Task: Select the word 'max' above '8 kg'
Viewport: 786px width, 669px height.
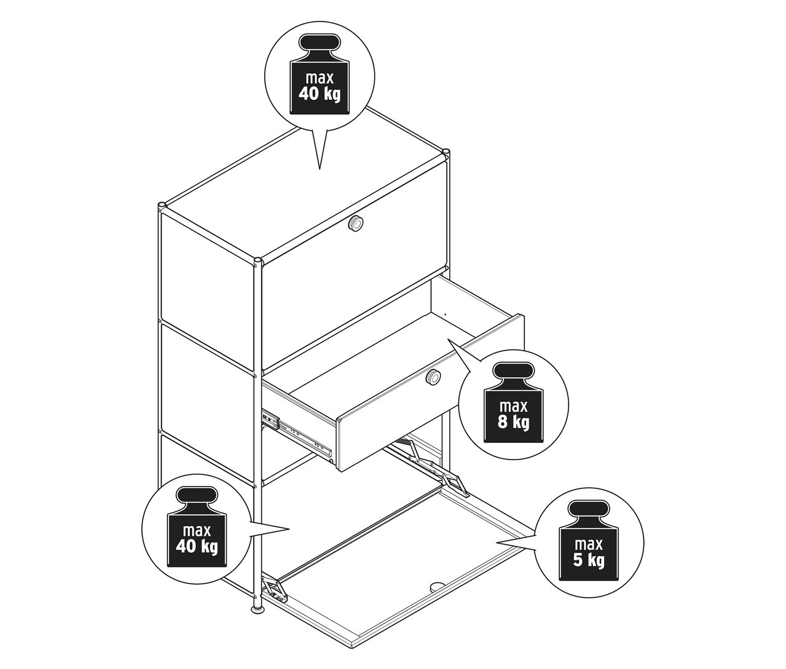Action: point(513,407)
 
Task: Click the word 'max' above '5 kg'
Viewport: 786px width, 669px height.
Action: point(589,545)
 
